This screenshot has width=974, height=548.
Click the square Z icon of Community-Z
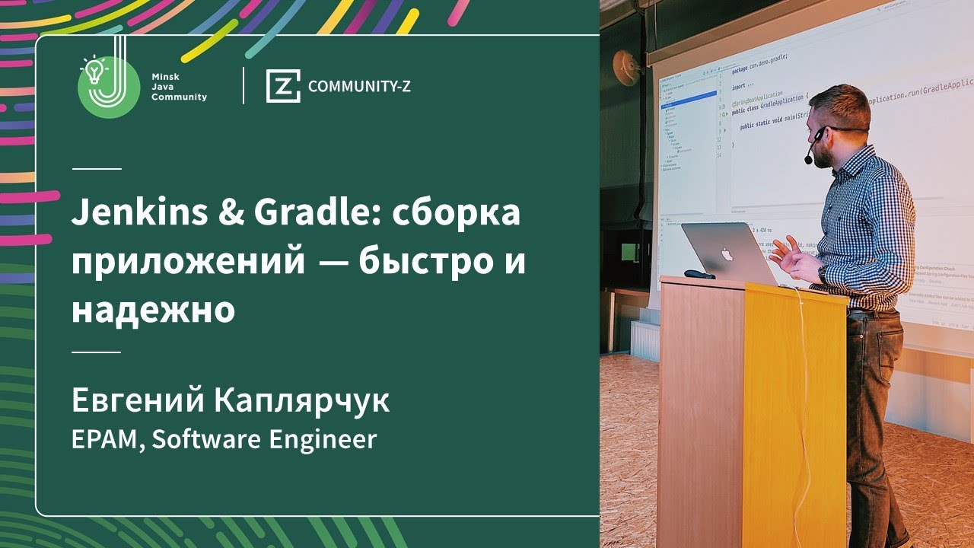[x=282, y=86]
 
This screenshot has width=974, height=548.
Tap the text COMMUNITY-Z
[x=359, y=86]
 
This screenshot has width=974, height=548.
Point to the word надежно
[x=153, y=312]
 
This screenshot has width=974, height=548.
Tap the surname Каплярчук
[x=302, y=402]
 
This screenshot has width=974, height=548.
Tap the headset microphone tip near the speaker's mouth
[x=808, y=160]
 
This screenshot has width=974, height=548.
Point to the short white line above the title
[x=97, y=168]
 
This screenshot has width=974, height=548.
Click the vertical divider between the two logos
[x=243, y=85]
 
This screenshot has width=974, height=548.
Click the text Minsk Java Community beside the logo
[x=179, y=87]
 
